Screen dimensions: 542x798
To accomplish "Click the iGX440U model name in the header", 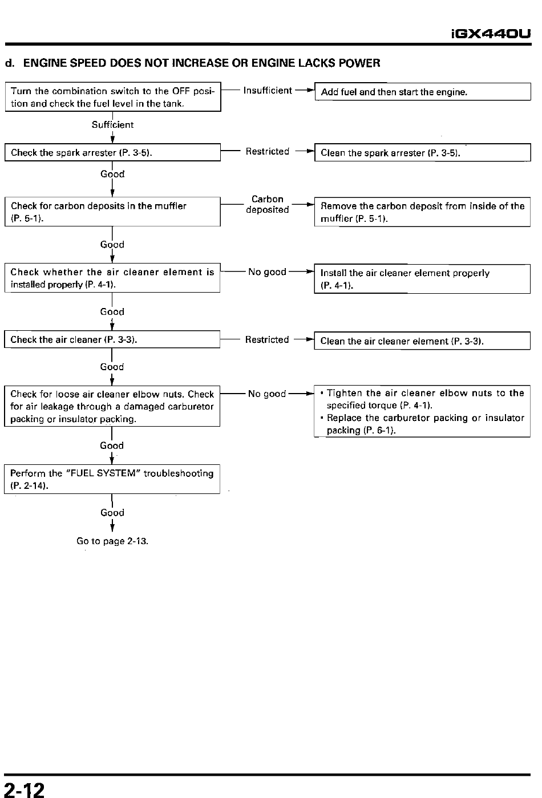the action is coord(491,34).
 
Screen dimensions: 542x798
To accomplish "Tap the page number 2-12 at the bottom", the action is coord(24,789).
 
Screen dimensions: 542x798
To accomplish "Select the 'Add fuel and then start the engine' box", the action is coord(423,92).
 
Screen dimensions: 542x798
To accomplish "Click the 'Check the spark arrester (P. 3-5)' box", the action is coord(112,152).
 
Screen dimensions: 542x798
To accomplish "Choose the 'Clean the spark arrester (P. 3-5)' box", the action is coord(423,152).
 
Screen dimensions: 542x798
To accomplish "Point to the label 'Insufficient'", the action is coord(268,91).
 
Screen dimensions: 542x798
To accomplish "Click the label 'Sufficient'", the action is coord(112,125).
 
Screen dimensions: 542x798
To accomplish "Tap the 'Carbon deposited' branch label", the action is coord(267,204).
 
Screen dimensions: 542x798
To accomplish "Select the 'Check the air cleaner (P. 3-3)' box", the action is coord(112,339).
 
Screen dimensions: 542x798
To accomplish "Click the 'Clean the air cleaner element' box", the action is coord(422,341).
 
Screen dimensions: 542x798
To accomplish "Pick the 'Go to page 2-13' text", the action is coord(112,541).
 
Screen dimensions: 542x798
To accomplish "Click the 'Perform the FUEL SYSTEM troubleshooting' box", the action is coord(112,479).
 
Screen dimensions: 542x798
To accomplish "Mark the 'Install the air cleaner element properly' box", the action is coord(422,279).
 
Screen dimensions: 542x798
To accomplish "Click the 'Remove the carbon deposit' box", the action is coord(422,212).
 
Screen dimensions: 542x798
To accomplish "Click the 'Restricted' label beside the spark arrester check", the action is coord(267,151).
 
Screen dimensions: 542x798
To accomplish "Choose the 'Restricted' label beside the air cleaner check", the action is coord(267,339).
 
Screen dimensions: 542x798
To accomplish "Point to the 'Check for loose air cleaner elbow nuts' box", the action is coord(112,406).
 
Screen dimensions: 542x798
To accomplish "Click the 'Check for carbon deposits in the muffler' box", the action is coord(112,212).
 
